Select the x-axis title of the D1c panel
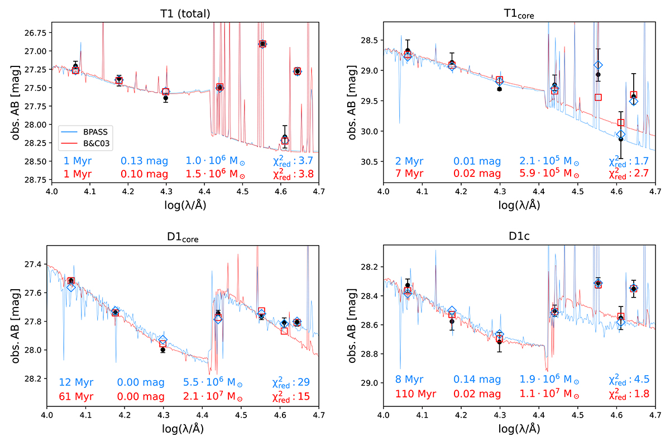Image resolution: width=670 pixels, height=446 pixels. click(x=519, y=429)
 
